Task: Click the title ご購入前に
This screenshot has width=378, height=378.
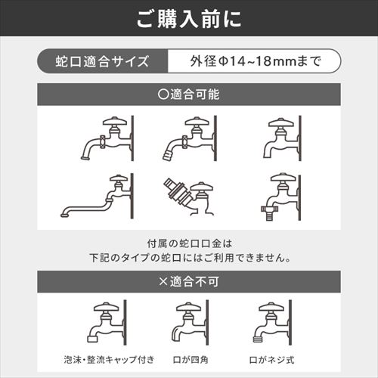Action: coord(189,19)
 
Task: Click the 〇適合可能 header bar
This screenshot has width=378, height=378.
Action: coord(189,97)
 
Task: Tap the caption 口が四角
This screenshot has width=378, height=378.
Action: coord(188,359)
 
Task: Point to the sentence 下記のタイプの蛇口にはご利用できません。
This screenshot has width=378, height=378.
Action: coord(189,257)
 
